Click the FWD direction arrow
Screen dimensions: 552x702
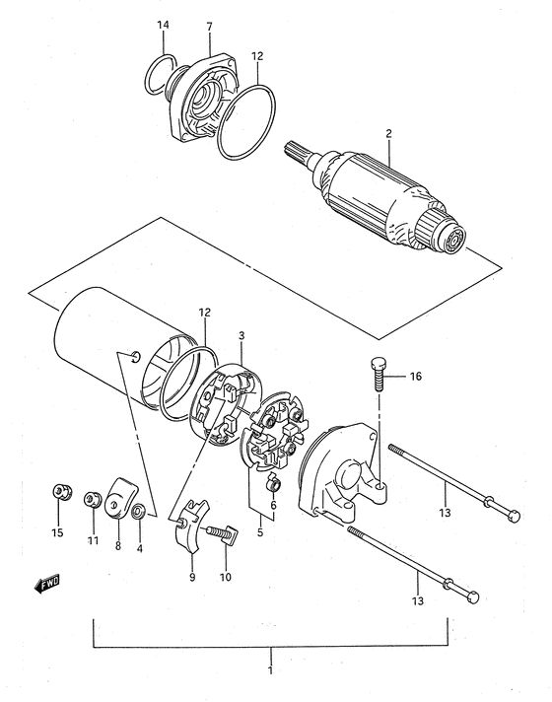tap(47, 584)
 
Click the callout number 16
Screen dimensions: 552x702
tap(415, 376)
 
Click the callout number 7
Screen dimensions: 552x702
tap(210, 27)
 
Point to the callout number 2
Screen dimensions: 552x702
tap(388, 133)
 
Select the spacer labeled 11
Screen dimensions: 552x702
tap(93, 499)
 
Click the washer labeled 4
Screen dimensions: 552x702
tap(139, 511)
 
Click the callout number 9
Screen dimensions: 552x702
tap(192, 577)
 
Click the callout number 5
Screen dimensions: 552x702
tap(260, 532)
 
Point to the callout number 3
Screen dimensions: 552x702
tap(241, 335)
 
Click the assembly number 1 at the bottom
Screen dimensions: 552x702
tap(270, 670)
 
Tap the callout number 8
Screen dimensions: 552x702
tap(117, 546)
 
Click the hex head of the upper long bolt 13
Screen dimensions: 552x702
tap(513, 517)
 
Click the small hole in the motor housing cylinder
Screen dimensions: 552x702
tap(136, 356)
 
